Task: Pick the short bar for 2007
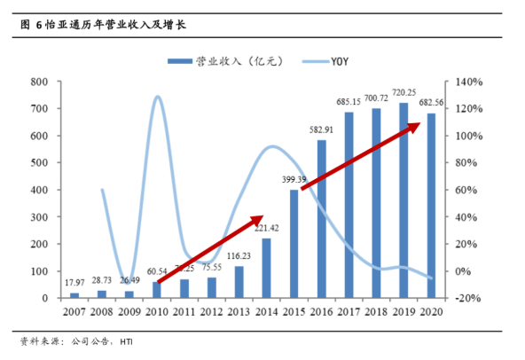(74, 295)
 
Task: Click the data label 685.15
(349, 102)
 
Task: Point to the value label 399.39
(294, 180)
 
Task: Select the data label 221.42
(266, 229)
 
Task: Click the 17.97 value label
(74, 284)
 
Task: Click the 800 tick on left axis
(38, 82)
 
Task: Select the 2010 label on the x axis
(157, 311)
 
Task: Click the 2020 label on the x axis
(432, 311)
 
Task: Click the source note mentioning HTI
(81, 341)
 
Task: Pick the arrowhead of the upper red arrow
(416, 127)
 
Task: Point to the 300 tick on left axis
(38, 217)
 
